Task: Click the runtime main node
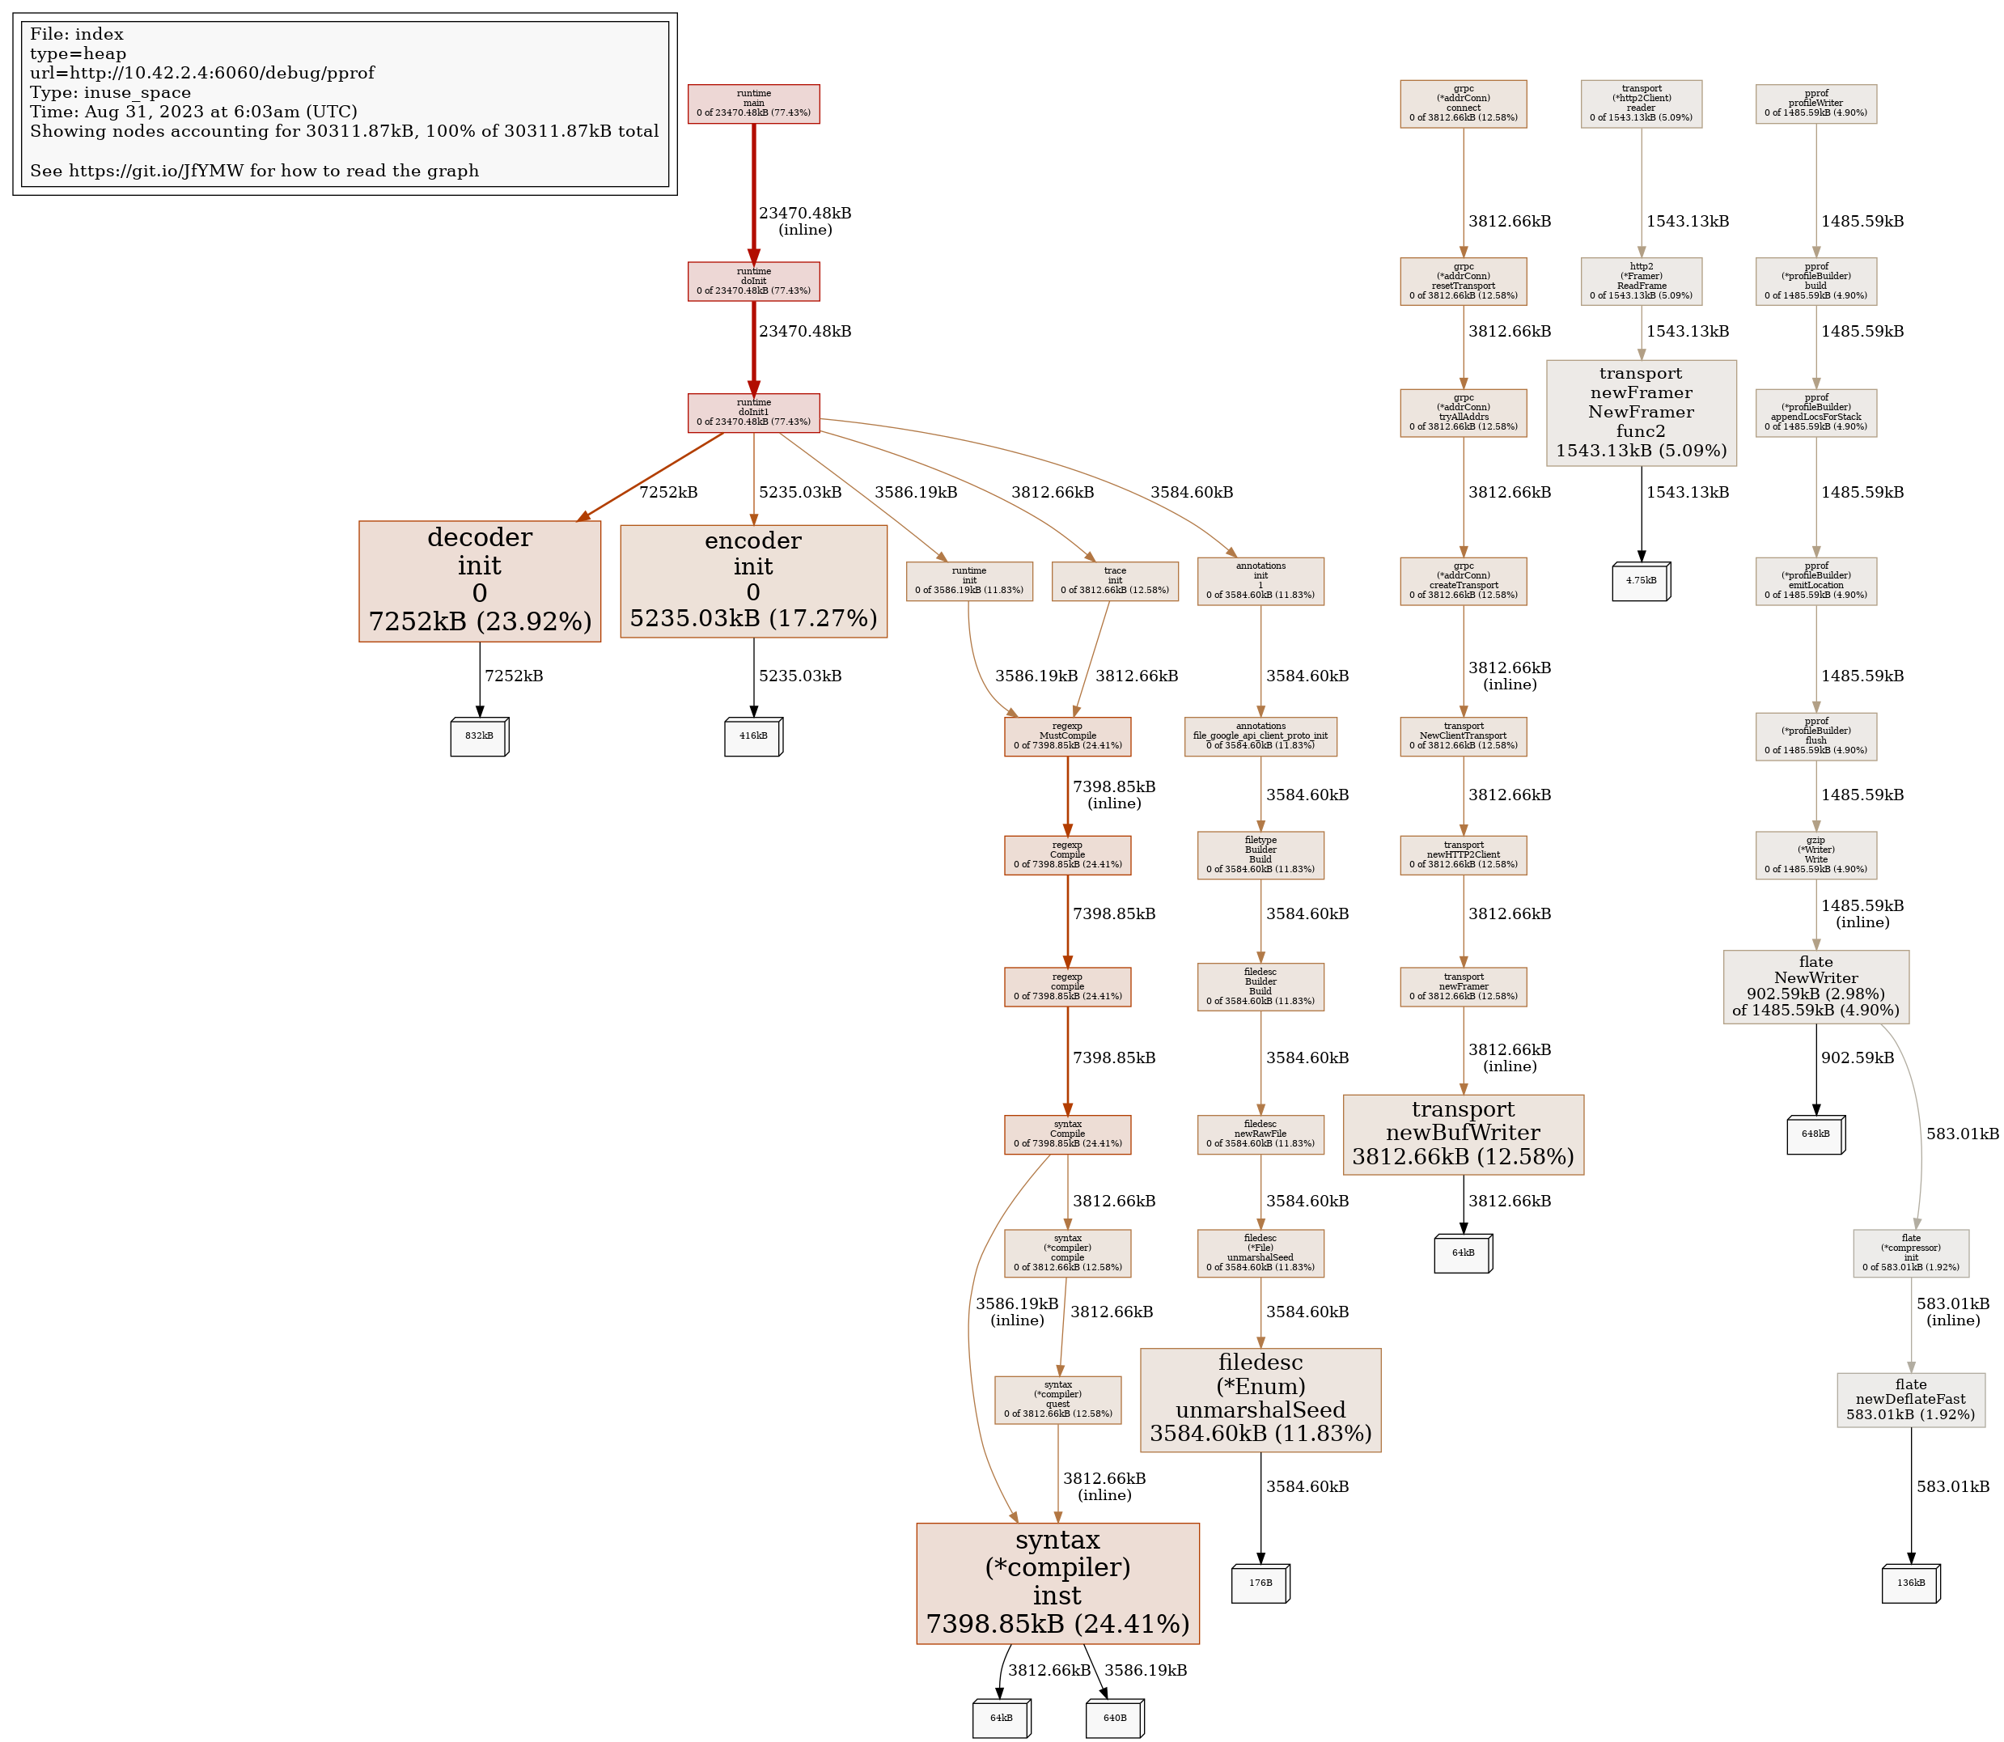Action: [x=753, y=104]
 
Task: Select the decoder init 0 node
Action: [x=479, y=580]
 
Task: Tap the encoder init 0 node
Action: [x=753, y=580]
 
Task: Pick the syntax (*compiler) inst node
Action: [x=1057, y=1583]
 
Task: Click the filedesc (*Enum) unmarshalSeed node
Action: [x=1260, y=1399]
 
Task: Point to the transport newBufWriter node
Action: [x=1463, y=1134]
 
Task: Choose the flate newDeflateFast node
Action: [x=1911, y=1399]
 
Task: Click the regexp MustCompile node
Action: [x=1067, y=735]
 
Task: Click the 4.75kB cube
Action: [x=1641, y=580]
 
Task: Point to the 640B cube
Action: [x=1115, y=1718]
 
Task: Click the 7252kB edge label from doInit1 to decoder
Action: [x=668, y=492]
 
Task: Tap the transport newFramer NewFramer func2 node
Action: [x=1641, y=412]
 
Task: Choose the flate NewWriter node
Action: [x=1815, y=985]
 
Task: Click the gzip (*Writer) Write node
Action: [x=1815, y=854]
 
